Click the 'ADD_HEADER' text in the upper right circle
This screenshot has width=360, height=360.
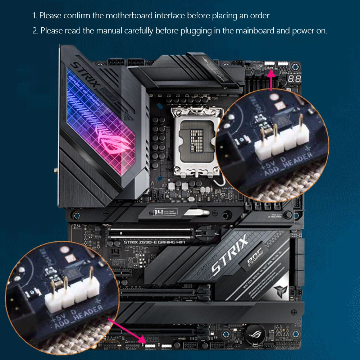(x=288, y=165)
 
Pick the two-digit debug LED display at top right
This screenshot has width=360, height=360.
(x=294, y=78)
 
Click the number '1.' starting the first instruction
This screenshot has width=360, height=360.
(x=35, y=15)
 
